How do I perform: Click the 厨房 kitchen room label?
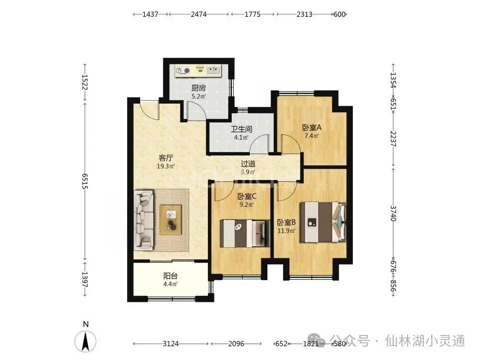click(x=198, y=88)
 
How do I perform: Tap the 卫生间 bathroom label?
click(x=241, y=129)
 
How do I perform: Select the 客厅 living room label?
click(x=166, y=158)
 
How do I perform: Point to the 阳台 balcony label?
click(x=170, y=276)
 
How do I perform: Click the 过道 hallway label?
click(x=248, y=164)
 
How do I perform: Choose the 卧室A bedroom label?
click(x=312, y=127)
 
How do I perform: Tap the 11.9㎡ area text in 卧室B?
click(x=286, y=230)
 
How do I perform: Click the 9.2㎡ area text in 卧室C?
click(x=246, y=204)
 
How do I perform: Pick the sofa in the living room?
click(x=144, y=220)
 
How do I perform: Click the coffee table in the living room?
click(x=170, y=220)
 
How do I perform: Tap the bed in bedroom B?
click(x=323, y=222)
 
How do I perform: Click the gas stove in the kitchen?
click(x=182, y=71)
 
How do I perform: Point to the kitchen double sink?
click(x=214, y=71)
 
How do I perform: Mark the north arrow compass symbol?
click(x=85, y=340)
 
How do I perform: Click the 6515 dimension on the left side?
click(x=85, y=181)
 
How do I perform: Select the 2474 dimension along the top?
click(x=199, y=14)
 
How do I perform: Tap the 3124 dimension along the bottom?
click(x=170, y=344)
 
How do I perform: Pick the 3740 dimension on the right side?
click(x=394, y=213)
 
